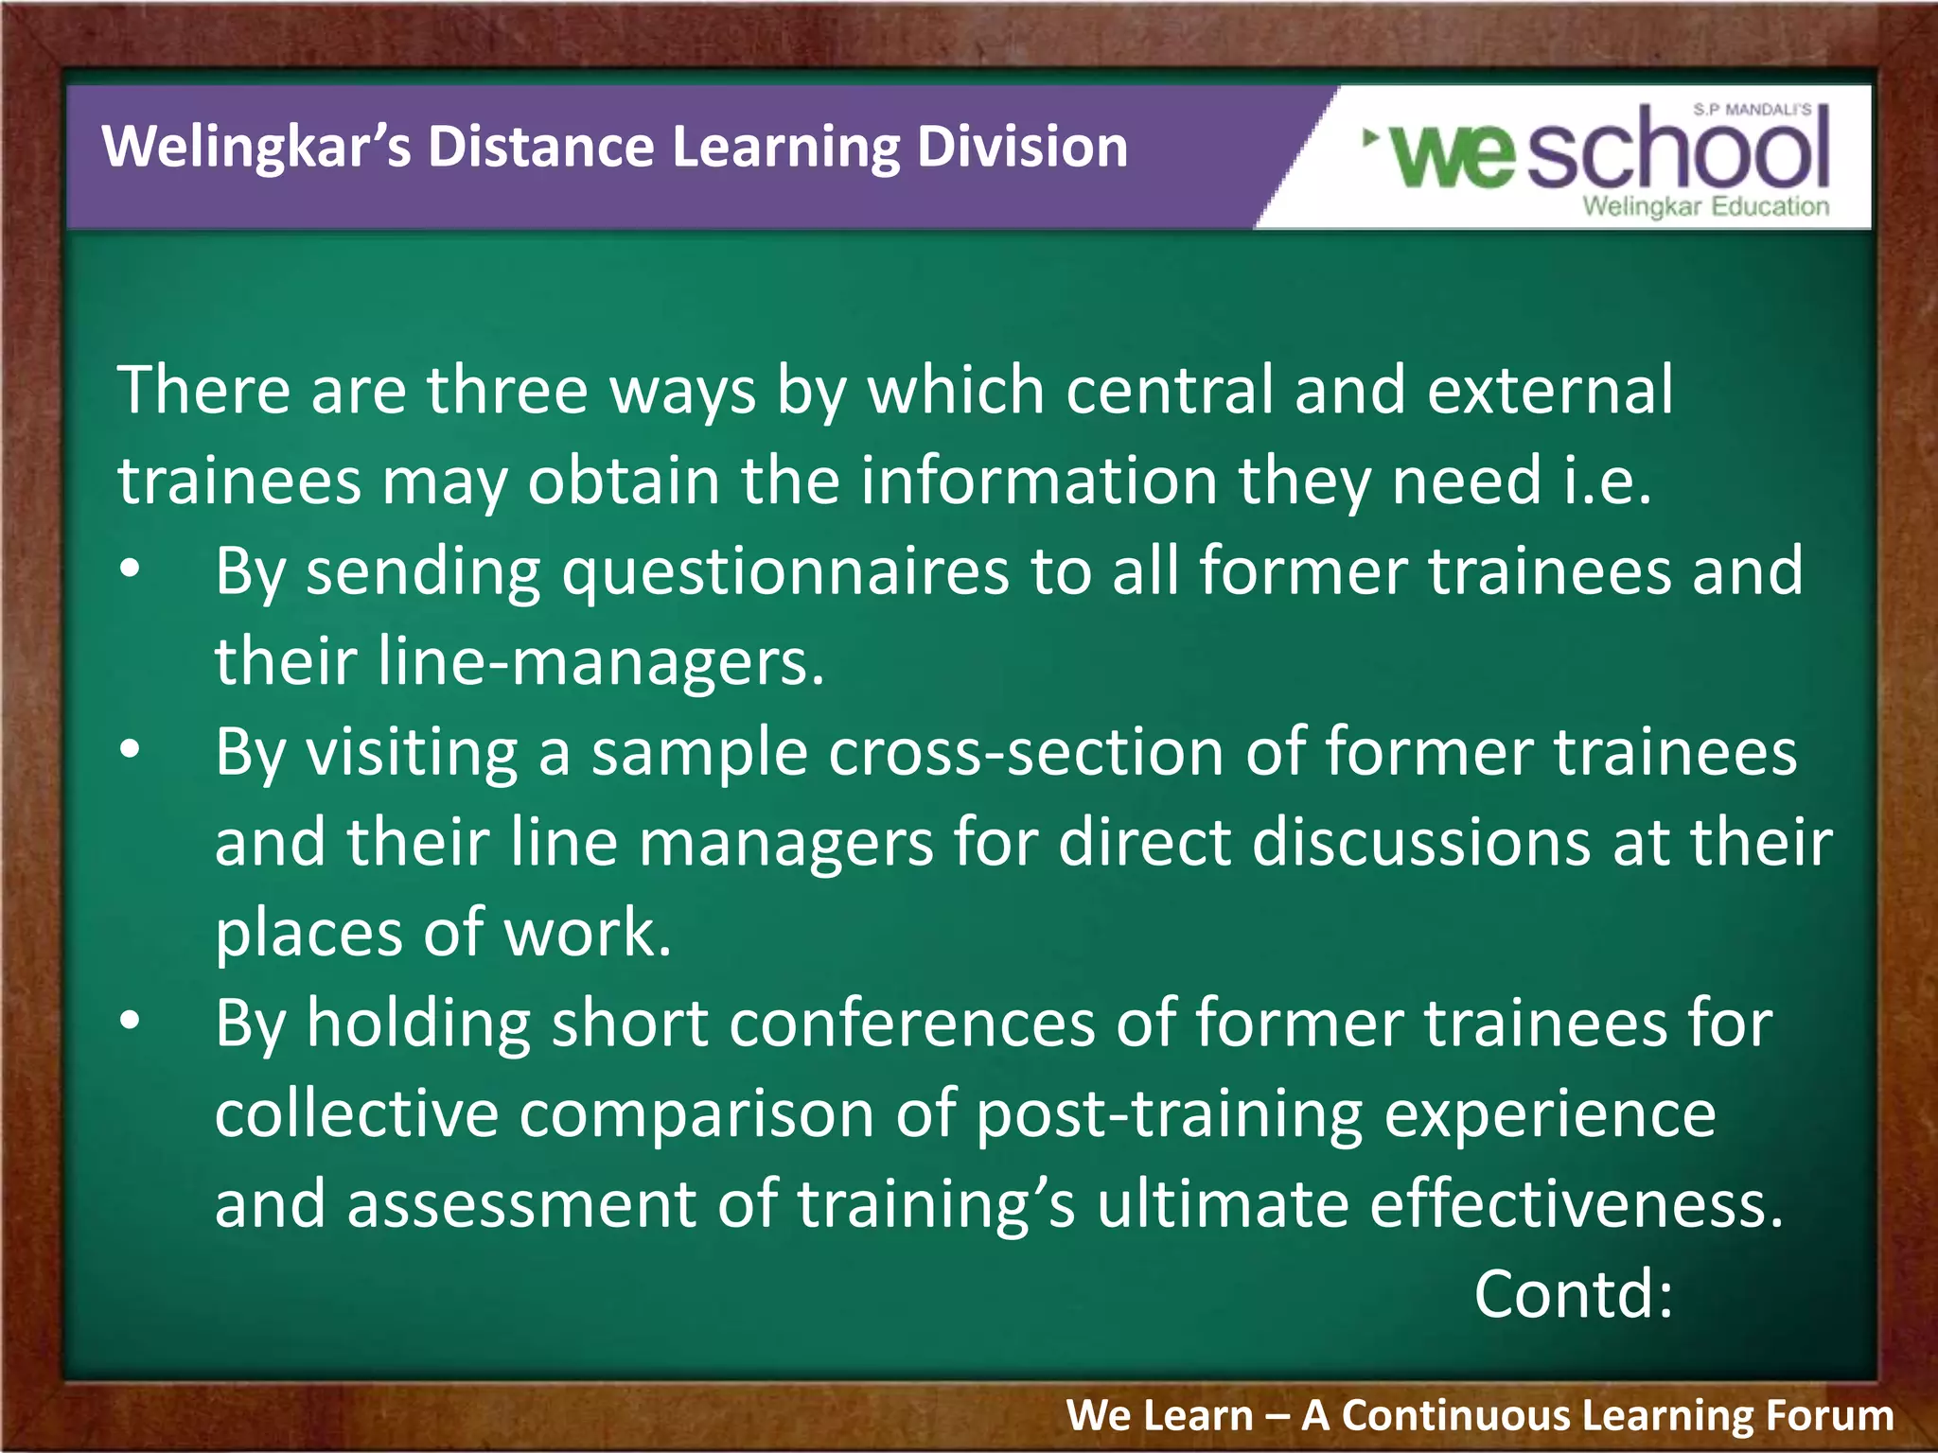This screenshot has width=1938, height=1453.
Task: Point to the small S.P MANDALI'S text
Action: [1752, 110]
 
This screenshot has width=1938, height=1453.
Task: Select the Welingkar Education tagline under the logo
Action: [1705, 206]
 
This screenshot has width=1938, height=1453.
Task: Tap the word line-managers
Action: [601, 661]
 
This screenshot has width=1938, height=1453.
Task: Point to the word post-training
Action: [1170, 1114]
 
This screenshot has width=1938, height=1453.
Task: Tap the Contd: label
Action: [1574, 1294]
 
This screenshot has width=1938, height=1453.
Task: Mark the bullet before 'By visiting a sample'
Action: [131, 750]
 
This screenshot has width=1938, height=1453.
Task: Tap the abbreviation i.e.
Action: [1606, 481]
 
